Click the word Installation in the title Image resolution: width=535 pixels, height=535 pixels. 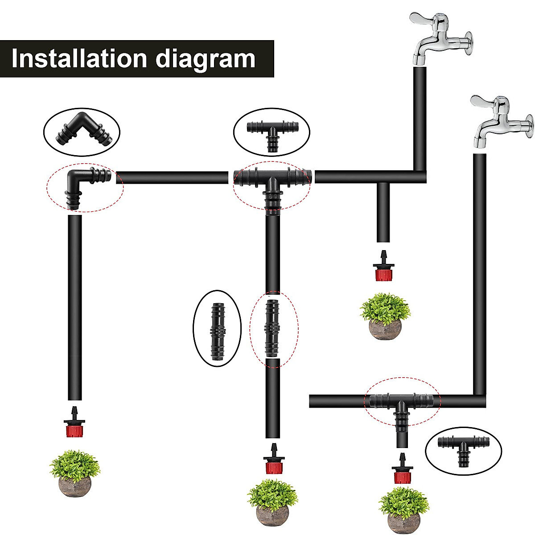pos(78,59)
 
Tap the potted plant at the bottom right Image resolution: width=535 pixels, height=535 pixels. pos(403,511)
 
